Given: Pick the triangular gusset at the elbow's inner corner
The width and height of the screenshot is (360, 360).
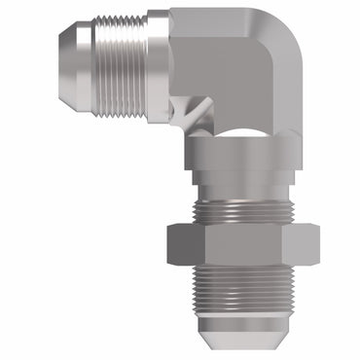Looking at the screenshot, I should coord(199,116).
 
